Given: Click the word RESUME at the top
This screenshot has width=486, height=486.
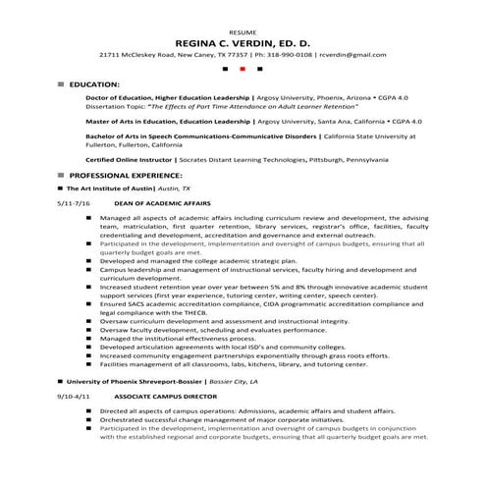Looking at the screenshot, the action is click(242, 32).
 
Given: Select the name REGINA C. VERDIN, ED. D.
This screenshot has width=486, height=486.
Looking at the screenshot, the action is click(242, 44).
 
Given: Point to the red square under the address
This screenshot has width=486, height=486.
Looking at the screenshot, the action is click(242, 71).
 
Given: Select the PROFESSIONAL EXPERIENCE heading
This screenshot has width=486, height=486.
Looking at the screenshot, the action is click(126, 174).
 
